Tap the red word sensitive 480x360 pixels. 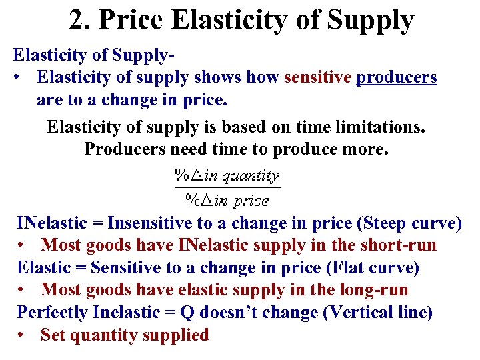click(317, 77)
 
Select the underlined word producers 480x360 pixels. click(397, 78)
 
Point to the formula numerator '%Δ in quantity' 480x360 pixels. click(227, 176)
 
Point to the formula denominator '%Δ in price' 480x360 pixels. click(227, 199)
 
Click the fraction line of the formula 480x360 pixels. click(227, 188)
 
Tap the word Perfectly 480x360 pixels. click(53, 313)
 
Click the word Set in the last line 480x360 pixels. click(52, 335)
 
